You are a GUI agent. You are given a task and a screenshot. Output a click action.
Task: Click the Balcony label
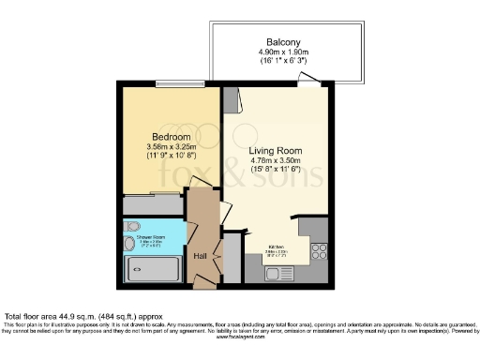[x=283, y=42]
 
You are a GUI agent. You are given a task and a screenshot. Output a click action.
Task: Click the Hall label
[x=199, y=255]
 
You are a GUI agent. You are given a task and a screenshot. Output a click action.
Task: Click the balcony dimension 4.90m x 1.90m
[x=283, y=52]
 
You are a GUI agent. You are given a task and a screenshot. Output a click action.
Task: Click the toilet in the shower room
[x=132, y=226]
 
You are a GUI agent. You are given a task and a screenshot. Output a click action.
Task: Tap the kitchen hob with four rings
[x=318, y=250]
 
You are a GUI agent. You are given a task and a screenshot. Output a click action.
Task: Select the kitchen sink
[x=279, y=273]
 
